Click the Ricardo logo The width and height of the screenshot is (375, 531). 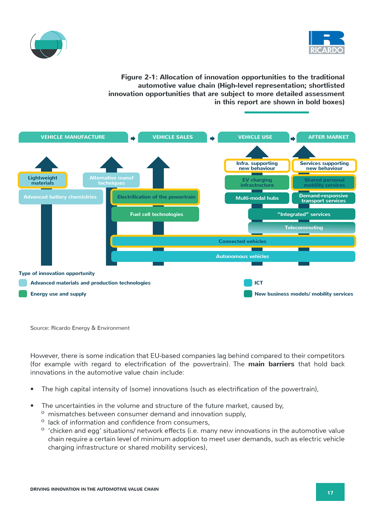pos(327,43)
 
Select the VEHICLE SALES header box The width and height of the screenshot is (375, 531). pos(172,137)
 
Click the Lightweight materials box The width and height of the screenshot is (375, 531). pos(43,180)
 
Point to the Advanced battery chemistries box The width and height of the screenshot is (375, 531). pos(61,197)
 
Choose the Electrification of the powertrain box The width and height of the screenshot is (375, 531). pos(155,197)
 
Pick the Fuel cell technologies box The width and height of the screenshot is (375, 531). pos(155,214)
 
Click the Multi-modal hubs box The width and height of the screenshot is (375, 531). pos(257,198)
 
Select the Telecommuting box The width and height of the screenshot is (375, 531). pos(302,228)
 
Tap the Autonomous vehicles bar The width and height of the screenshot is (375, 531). pos(233,256)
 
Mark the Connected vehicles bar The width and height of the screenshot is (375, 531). pos(233,241)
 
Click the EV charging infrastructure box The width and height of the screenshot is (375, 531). pos(257,182)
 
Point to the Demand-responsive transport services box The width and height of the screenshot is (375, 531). pos(323,198)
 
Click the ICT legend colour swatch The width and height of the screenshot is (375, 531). pos(248,283)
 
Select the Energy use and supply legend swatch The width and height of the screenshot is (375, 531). pos(23,294)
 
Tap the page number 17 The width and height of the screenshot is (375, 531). pos(330,493)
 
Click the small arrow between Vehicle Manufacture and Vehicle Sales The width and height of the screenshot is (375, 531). pos(133,138)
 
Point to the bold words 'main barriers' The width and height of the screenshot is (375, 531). pos(271,364)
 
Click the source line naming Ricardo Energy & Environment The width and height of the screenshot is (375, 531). pos(80,328)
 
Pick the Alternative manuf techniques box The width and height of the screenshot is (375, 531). pos(111,180)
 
